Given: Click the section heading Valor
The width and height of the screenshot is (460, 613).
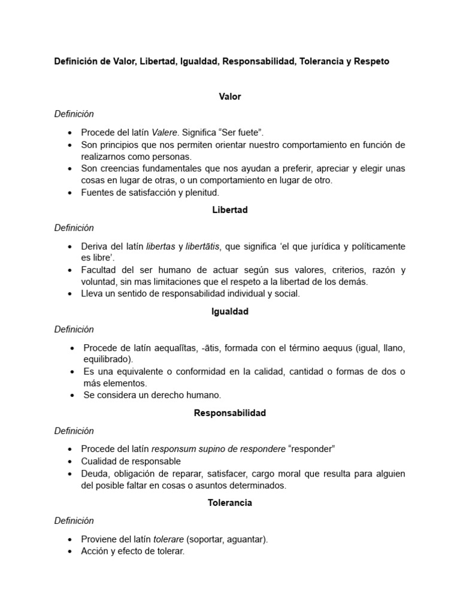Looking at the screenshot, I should coord(230,96).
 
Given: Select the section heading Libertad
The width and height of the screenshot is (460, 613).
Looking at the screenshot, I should coord(230,210).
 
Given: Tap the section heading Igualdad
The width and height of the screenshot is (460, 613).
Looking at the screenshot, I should coord(230,311).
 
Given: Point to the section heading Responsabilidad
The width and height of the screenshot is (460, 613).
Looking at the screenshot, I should coord(230,413).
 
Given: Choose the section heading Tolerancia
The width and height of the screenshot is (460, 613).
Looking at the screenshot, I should coord(230,503).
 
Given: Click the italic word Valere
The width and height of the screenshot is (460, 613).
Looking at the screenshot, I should coord(164,132).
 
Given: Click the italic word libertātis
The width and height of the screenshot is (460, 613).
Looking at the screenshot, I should coord(202,246).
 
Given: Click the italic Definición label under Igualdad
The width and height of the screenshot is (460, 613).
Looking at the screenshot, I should coord(74,329).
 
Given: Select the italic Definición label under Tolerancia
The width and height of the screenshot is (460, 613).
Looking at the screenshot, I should coord(74,521).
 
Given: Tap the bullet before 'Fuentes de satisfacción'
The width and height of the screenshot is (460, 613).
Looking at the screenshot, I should coord(72,192).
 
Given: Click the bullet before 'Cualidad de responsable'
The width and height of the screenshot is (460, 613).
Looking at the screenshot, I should coord(72,462).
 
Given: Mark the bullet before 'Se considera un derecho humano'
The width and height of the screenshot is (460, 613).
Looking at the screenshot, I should coord(72,395).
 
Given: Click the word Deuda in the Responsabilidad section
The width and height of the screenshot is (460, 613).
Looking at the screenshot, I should coord(94,474).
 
